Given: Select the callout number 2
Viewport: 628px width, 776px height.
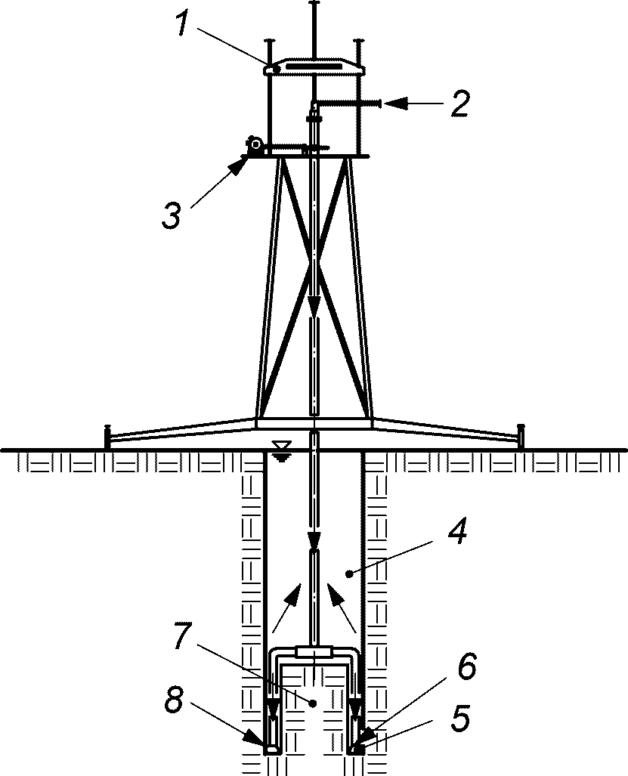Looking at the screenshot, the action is pyautogui.click(x=459, y=104).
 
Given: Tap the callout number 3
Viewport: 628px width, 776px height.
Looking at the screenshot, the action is pyautogui.click(x=172, y=216).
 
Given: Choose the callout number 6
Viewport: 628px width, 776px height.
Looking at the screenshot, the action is pyautogui.click(x=467, y=665).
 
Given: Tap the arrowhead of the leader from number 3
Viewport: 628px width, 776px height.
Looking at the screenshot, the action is pyautogui.click(x=240, y=165).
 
